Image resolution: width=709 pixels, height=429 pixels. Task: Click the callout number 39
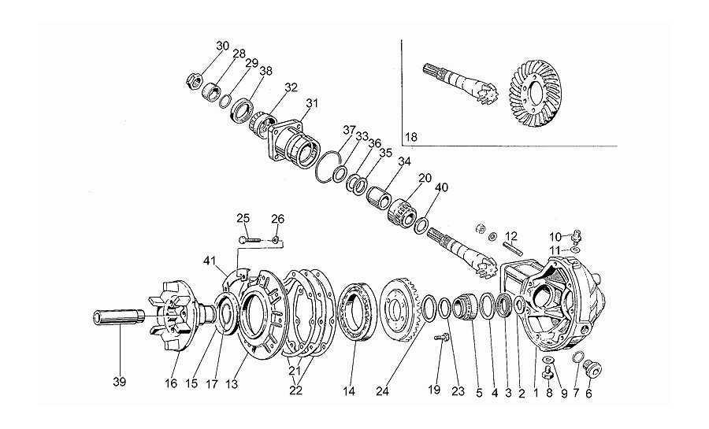pyautogui.click(x=120, y=382)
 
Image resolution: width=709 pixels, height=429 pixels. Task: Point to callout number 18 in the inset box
pyautogui.click(x=411, y=137)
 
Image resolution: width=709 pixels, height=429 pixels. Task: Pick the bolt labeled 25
pyautogui.click(x=250, y=239)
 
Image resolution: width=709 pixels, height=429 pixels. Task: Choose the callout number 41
pyautogui.click(x=210, y=261)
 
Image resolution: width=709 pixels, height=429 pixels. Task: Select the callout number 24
pyautogui.click(x=382, y=391)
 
